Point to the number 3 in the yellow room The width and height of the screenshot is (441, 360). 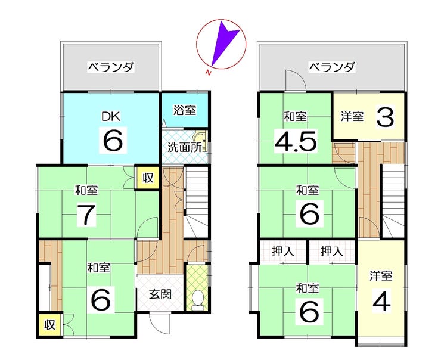386,117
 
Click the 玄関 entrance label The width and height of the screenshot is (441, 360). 160,294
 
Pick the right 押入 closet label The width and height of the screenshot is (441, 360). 331,252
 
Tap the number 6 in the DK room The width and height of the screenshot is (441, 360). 113,141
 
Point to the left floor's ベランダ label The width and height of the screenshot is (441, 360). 110,66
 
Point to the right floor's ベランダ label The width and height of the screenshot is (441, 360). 331,66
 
